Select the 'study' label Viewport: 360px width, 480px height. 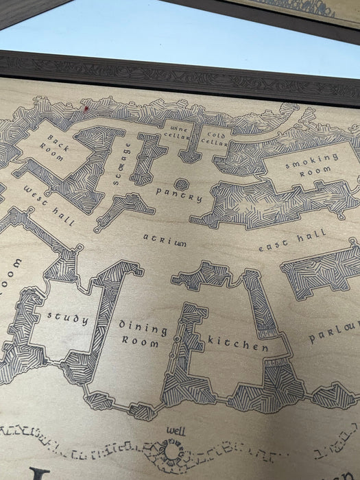pos(68,317)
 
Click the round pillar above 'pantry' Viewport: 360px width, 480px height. pos(181,184)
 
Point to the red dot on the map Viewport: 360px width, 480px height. pos(86,108)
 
